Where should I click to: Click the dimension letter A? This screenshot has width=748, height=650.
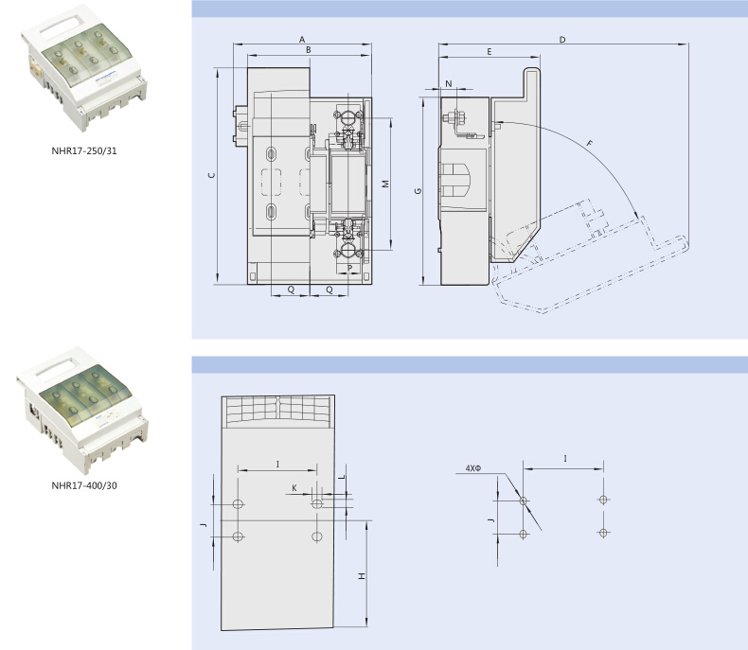(302, 40)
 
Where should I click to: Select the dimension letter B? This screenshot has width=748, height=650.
(309, 49)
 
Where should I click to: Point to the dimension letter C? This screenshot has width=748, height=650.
(212, 175)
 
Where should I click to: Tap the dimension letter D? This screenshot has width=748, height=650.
(562, 40)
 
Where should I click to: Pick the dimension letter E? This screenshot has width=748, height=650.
(490, 51)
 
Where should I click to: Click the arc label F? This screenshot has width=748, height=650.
(590, 143)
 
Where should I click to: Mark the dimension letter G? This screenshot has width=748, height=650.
(418, 190)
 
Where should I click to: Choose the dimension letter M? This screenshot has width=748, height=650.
(386, 184)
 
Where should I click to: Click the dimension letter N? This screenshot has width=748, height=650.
(449, 84)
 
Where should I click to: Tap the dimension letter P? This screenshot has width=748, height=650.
(350, 269)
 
